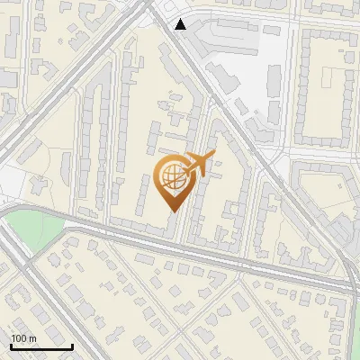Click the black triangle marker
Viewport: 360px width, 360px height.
pos(181,24)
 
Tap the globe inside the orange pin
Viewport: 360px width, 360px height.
pos(172,176)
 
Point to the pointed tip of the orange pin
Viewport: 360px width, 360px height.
pos(172,210)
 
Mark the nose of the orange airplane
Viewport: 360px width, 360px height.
pos(214,155)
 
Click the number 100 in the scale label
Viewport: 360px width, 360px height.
pos(18,338)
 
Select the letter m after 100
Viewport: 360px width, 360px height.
pos(31,339)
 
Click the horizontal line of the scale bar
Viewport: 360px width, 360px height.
pos(41,346)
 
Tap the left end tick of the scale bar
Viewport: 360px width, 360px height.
pos(11,346)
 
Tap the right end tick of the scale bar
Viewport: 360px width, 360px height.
pos(72,346)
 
